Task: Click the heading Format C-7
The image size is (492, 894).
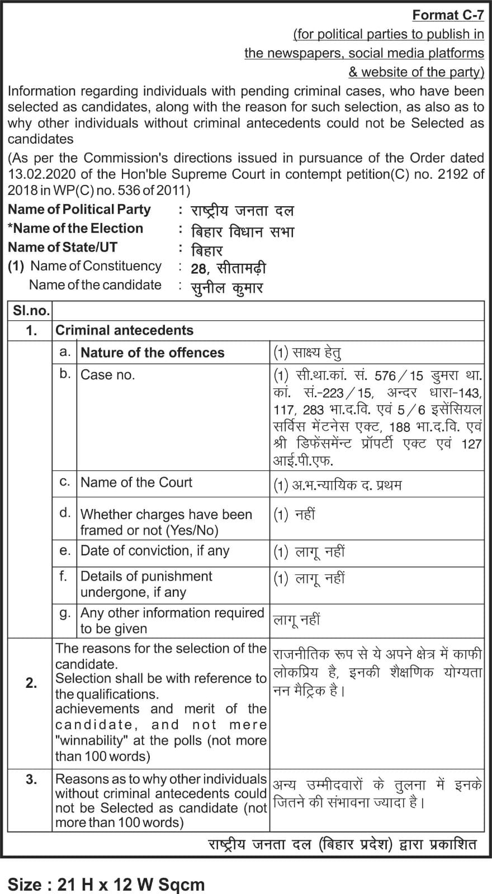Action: pos(448,15)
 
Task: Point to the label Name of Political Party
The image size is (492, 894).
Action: pos(79,210)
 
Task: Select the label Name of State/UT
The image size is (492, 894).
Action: pos(63,247)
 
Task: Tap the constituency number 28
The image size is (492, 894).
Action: pos(198,269)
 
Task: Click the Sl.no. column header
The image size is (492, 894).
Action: pos(31,311)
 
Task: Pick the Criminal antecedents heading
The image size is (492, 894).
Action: pos(124,330)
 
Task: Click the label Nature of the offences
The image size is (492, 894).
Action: pos(152,353)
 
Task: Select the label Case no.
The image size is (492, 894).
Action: pos(108,375)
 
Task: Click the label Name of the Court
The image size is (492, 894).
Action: pos(136,482)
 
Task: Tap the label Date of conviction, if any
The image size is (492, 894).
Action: pos(155,551)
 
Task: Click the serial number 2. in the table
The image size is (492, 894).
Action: pos(31,683)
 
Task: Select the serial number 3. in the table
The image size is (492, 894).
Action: pos(31,779)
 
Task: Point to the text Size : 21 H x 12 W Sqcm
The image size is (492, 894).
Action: pos(106,885)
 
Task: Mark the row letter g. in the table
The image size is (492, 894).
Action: pos(65,614)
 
